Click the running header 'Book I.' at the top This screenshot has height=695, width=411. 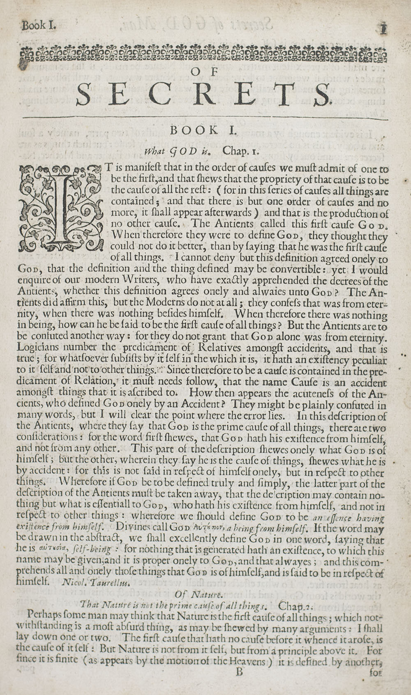39,25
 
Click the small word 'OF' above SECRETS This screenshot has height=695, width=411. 203,72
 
